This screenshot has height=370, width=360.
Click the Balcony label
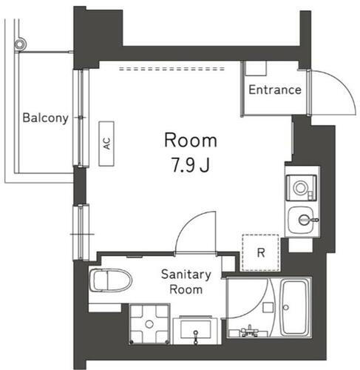point(45,118)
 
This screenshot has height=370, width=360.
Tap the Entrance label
point(275,90)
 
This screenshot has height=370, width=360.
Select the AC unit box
point(106,144)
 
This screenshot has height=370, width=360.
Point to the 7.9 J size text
point(191,165)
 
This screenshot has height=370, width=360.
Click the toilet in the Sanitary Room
point(110,280)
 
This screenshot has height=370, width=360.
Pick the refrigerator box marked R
point(261,252)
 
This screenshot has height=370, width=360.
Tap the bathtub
point(294,307)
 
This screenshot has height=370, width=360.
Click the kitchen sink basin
point(301,220)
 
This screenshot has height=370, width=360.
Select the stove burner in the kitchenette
point(300,188)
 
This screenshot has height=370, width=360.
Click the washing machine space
point(149,324)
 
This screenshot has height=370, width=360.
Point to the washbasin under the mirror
point(195,330)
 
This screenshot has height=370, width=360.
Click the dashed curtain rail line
point(172,69)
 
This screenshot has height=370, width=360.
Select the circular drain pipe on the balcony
point(20,44)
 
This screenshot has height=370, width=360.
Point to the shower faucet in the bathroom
point(249,331)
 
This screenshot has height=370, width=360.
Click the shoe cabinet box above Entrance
point(257,68)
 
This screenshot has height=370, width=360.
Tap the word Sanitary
point(186,275)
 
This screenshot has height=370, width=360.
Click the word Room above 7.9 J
point(191,141)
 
